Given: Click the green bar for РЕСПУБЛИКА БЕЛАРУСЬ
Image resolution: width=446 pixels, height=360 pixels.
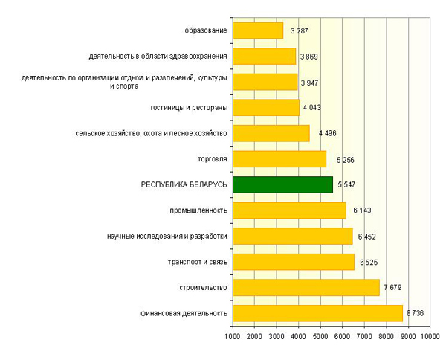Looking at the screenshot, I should click(x=282, y=184).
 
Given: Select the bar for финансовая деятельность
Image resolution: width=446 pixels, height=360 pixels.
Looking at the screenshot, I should click(x=318, y=313).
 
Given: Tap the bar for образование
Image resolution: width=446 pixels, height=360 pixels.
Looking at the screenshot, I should click(x=258, y=30).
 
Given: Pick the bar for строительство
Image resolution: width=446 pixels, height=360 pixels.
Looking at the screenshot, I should click(x=306, y=287).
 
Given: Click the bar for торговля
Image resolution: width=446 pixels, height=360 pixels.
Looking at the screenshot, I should click(x=279, y=159).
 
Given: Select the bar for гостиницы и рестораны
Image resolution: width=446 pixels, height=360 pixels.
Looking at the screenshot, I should click(x=266, y=108).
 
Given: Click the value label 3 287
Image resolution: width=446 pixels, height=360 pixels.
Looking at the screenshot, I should click(x=297, y=30).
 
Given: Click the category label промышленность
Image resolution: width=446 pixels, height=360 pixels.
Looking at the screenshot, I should click(x=198, y=210).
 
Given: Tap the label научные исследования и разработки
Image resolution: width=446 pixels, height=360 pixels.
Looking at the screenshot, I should click(x=167, y=237).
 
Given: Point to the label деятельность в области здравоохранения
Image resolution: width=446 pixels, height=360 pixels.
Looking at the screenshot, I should click(x=157, y=56).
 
